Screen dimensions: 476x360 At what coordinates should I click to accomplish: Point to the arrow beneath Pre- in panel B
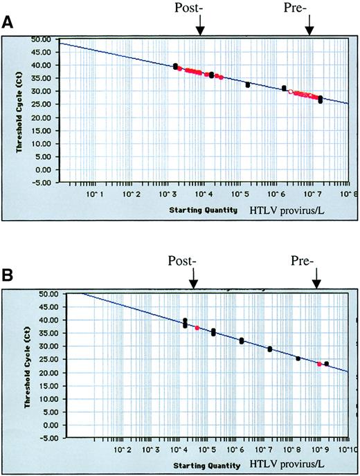(x=316, y=280)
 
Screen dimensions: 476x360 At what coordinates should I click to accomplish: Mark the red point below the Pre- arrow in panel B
(x=318, y=363)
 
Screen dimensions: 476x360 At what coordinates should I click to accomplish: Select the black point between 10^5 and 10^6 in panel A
(x=247, y=84)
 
